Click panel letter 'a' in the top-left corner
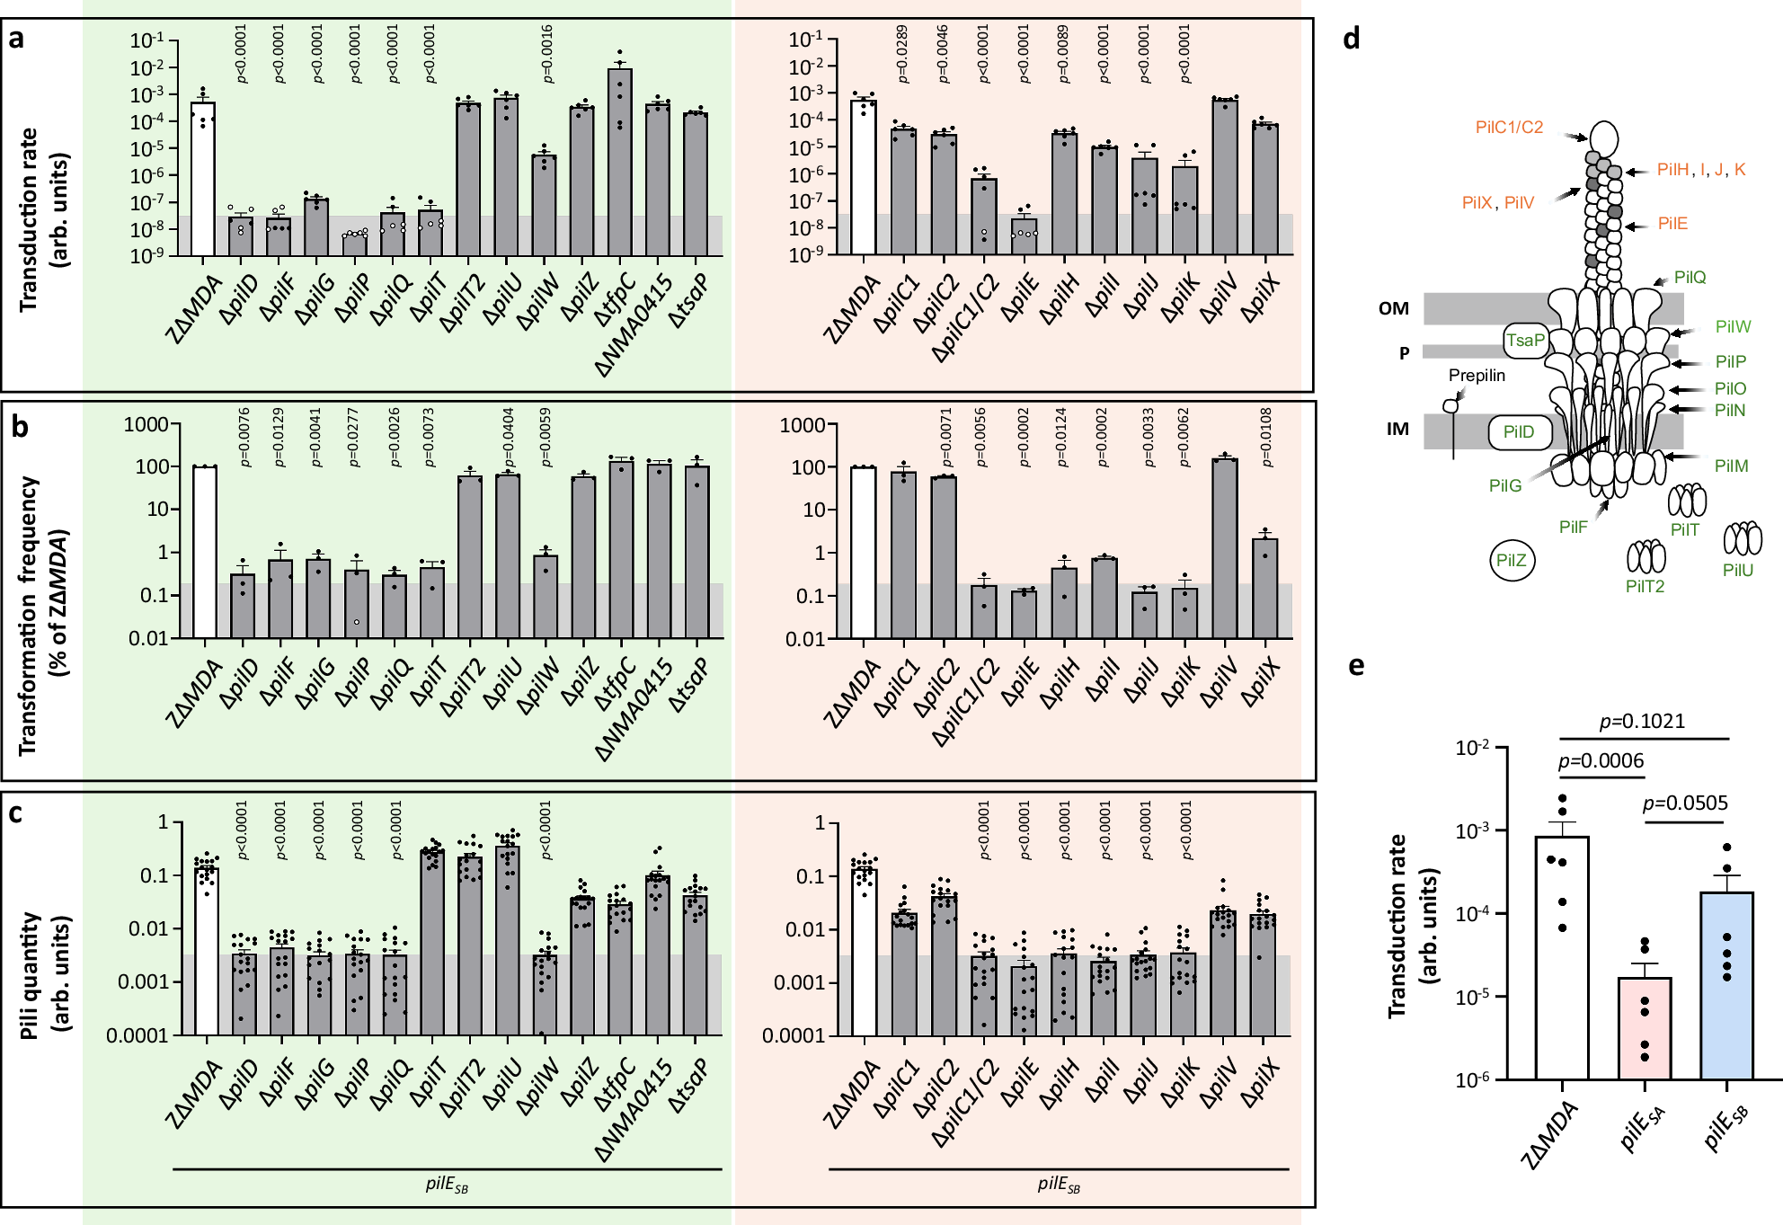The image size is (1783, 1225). (15, 39)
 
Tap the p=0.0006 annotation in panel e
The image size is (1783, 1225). (1601, 761)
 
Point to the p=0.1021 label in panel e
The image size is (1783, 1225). (1642, 721)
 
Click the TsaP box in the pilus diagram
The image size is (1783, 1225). (1525, 341)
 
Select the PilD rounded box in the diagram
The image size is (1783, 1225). (1519, 432)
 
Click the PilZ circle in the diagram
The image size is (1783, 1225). (1512, 561)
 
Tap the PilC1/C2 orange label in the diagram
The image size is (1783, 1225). (1509, 128)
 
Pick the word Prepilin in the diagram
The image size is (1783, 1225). (1477, 376)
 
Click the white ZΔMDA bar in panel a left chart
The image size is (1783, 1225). (203, 179)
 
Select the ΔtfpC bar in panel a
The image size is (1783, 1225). (619, 162)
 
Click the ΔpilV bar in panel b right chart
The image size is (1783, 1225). (1224, 548)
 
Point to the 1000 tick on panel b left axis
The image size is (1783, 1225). (146, 424)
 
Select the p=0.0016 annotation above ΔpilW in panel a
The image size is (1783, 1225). (547, 53)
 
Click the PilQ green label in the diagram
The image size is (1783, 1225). (1690, 277)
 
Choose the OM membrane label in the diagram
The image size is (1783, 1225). (1393, 308)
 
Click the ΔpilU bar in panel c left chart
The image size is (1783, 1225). (507, 940)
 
